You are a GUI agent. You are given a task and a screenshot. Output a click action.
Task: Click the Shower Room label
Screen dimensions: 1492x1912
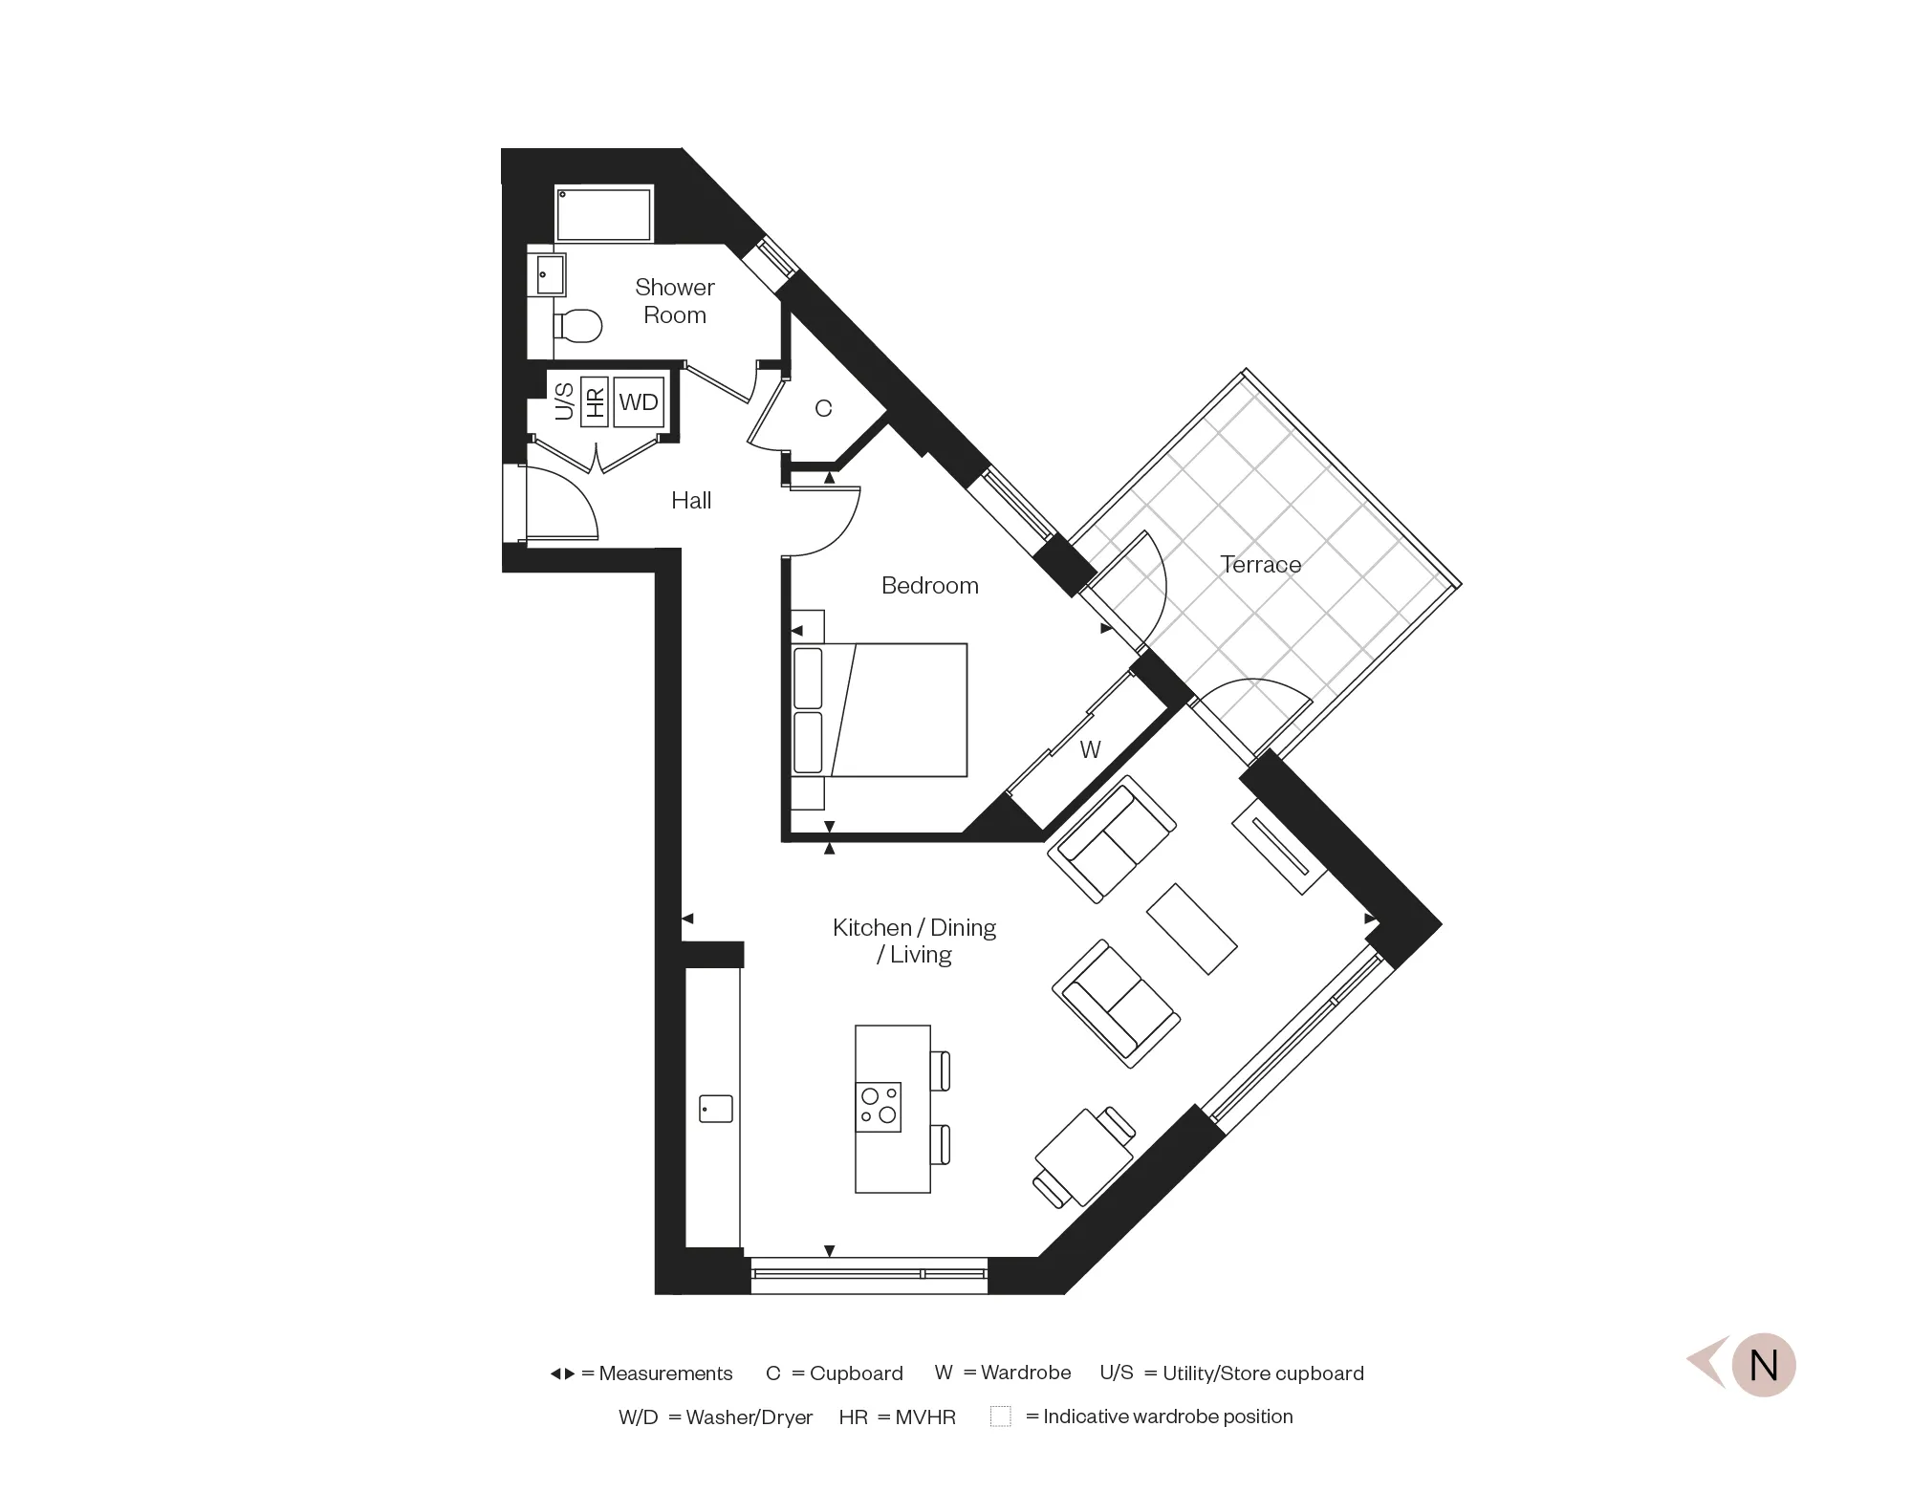click(674, 301)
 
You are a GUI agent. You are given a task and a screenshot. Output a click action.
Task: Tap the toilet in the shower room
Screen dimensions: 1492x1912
click(578, 325)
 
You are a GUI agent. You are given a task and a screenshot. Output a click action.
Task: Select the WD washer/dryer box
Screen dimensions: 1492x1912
click(639, 402)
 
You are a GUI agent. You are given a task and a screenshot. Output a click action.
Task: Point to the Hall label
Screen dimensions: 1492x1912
click(690, 500)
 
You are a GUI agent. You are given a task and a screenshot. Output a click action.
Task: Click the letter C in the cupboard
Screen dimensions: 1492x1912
click(823, 409)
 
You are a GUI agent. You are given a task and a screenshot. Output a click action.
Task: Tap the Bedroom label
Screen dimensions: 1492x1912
click(929, 585)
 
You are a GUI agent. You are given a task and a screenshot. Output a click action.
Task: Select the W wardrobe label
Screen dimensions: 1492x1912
click(1090, 749)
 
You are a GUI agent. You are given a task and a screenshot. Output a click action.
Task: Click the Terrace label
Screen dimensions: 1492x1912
click(1260, 565)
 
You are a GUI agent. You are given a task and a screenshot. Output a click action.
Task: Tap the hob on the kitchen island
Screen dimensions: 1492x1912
click(879, 1107)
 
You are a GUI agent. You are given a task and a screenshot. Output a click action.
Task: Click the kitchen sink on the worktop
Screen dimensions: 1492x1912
click(715, 1109)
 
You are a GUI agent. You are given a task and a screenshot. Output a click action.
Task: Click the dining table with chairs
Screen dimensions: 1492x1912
click(1084, 1157)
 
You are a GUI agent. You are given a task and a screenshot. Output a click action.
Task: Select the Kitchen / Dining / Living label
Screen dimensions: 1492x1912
click(914, 941)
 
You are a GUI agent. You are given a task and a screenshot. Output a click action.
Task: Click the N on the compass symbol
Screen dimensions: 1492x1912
click(1763, 1365)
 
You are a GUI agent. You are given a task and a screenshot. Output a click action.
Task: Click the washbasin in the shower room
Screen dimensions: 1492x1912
click(550, 274)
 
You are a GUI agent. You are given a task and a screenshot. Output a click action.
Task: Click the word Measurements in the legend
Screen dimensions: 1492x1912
click(665, 1373)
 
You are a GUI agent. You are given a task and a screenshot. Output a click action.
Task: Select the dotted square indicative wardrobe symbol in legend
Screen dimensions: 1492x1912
click(1000, 1416)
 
